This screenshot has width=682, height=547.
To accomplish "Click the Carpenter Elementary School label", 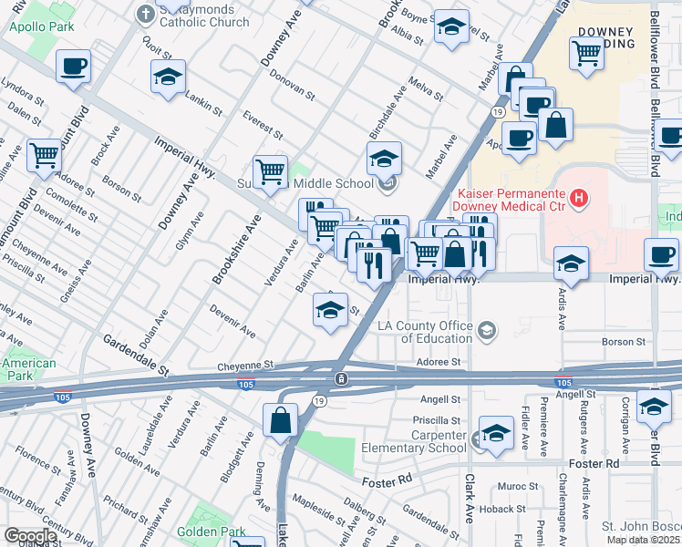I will [x=413, y=441].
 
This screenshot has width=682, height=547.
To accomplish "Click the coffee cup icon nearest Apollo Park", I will [x=74, y=67].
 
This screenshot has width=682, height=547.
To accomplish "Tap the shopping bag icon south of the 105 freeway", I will [x=280, y=420].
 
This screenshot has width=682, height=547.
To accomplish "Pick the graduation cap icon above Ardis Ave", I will [x=571, y=263].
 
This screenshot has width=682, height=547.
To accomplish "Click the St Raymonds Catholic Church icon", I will [x=145, y=14].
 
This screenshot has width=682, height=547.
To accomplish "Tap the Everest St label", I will [x=264, y=127].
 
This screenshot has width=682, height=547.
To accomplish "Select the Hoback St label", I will [x=526, y=509].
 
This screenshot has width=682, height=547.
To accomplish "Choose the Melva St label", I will [x=425, y=91].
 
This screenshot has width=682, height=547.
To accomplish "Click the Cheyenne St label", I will [x=245, y=364].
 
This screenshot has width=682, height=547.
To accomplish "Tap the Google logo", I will [x=30, y=536].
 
